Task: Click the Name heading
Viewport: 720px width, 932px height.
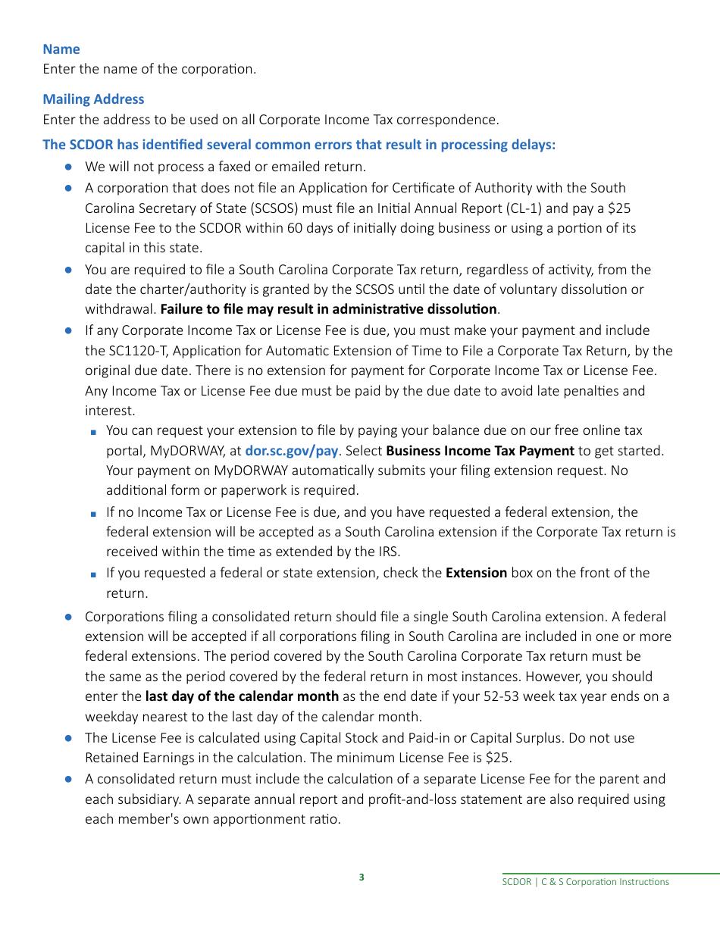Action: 61,49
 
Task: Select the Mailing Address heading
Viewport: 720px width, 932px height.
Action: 93,99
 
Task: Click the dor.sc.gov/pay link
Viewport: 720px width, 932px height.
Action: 291,451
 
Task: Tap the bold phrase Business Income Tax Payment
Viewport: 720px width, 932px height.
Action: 480,451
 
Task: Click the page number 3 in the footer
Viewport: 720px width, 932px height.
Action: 362,877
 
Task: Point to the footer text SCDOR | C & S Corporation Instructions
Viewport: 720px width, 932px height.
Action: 586,882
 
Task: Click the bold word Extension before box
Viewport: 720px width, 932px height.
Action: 476,573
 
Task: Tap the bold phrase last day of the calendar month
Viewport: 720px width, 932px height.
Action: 242,696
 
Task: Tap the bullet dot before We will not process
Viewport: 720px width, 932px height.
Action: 68,167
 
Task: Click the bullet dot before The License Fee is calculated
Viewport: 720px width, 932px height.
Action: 68,738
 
